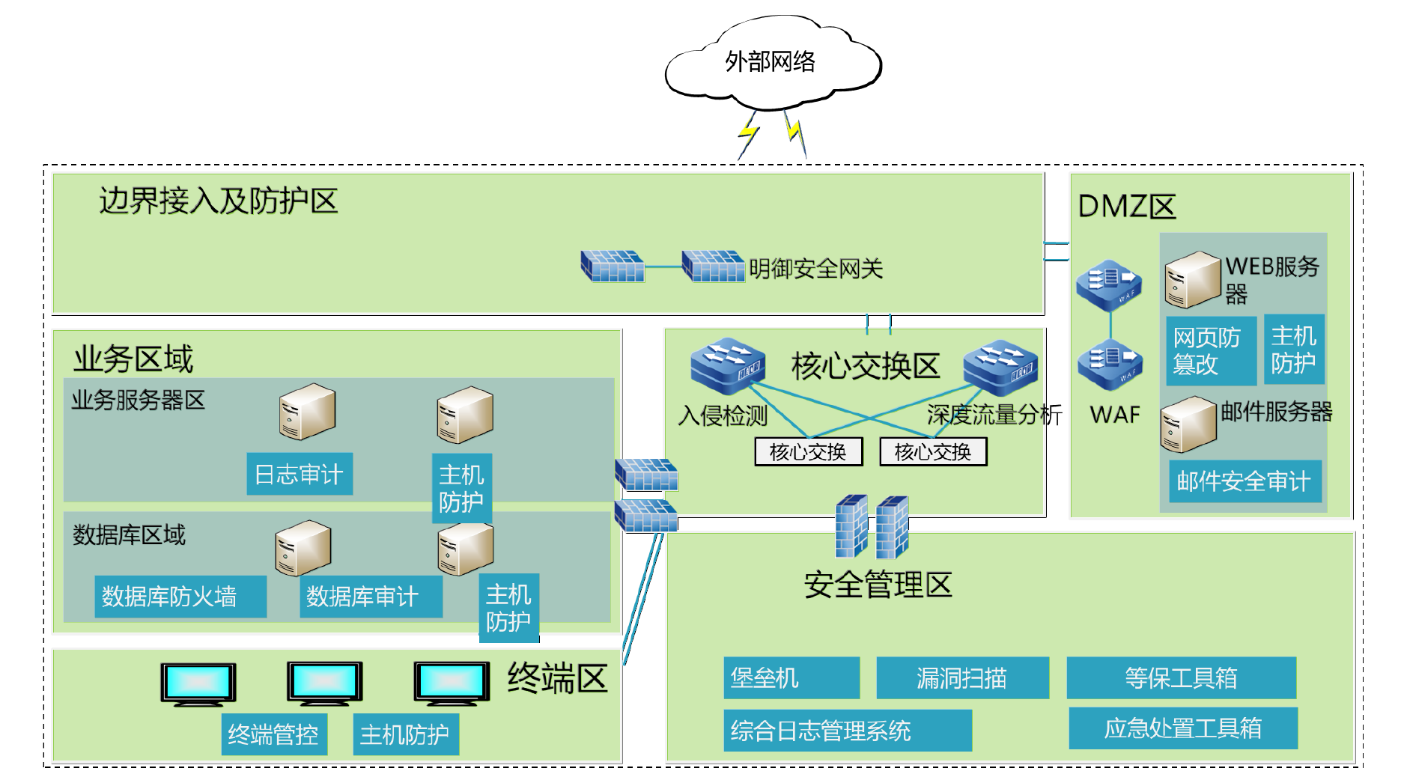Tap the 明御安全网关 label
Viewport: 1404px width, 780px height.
815,269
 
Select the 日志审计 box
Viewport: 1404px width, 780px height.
300,474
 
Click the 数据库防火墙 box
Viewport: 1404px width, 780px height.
180,597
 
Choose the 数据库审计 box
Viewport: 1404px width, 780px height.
371,597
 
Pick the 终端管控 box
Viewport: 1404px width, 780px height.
274,734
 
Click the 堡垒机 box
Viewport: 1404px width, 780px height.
791,677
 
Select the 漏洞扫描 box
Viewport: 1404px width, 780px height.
962,677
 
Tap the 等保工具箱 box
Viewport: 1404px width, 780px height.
1181,677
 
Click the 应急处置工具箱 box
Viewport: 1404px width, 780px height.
1183,728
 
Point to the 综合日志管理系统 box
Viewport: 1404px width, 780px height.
847,731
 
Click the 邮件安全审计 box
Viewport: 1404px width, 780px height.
1245,481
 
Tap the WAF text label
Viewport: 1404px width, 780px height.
1115,415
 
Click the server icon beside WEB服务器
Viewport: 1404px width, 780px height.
1192,279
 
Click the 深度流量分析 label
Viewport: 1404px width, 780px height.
994,415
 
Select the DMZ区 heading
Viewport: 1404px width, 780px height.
1127,207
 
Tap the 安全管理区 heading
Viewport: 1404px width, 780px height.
878,585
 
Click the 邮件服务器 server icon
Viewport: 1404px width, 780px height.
1188,424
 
